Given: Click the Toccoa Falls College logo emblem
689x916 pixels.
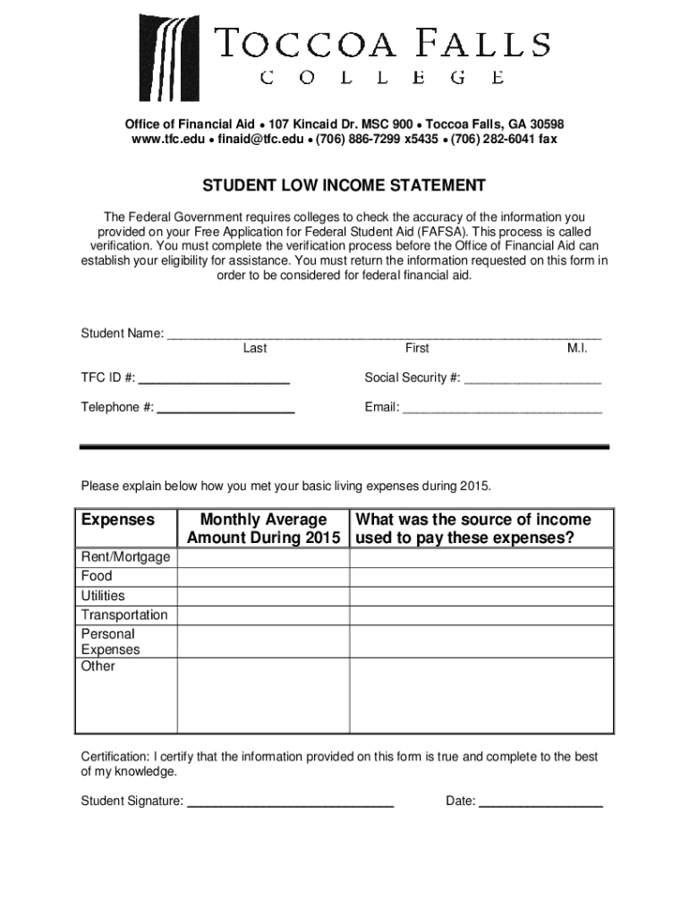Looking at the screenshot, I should (171, 56).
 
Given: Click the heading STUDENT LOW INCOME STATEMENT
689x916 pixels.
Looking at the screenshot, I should (344, 186).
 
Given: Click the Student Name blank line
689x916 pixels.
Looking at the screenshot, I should (385, 333).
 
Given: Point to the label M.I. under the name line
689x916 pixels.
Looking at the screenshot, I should (577, 348).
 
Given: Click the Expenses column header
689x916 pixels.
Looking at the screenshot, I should (118, 520).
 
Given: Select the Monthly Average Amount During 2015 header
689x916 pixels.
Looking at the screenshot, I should (263, 529).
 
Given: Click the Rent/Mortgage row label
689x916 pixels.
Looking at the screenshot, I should (125, 557).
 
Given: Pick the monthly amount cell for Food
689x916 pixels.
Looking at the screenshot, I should (263, 577).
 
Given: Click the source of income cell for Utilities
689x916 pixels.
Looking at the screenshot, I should (481, 596).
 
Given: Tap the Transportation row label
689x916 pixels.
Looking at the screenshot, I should (124, 615).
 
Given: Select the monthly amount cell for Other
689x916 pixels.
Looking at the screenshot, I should (263, 695).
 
